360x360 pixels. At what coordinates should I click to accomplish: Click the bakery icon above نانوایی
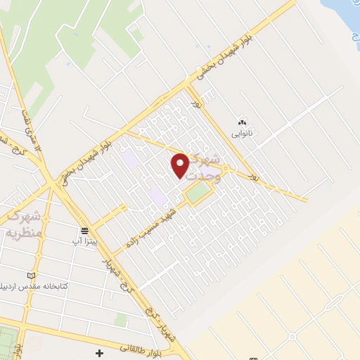243,120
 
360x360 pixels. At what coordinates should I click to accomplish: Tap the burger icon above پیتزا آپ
84,230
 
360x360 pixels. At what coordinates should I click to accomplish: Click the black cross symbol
100,352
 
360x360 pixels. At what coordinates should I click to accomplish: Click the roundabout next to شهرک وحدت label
226,168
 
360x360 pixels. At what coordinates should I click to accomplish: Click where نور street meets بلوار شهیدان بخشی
189,87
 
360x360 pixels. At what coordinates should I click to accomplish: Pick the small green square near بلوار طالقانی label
121,320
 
